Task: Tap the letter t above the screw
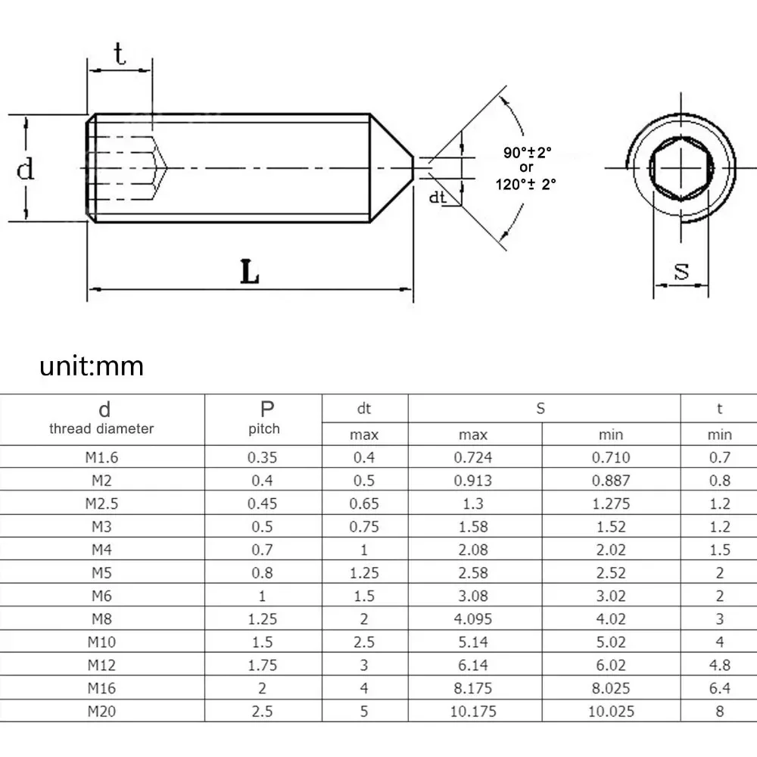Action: (x=120, y=55)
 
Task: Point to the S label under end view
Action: (x=681, y=271)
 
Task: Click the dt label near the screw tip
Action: (x=437, y=198)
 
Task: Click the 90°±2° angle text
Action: (x=528, y=152)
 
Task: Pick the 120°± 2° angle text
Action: (x=526, y=182)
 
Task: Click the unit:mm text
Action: (x=92, y=366)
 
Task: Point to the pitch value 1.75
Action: (x=263, y=665)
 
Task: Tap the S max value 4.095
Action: (x=473, y=618)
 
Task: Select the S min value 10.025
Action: (x=611, y=711)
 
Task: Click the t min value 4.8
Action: (x=719, y=665)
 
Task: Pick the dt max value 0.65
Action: (x=364, y=503)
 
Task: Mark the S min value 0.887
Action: (x=611, y=480)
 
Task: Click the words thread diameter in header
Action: (x=101, y=429)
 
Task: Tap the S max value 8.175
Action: (x=473, y=688)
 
